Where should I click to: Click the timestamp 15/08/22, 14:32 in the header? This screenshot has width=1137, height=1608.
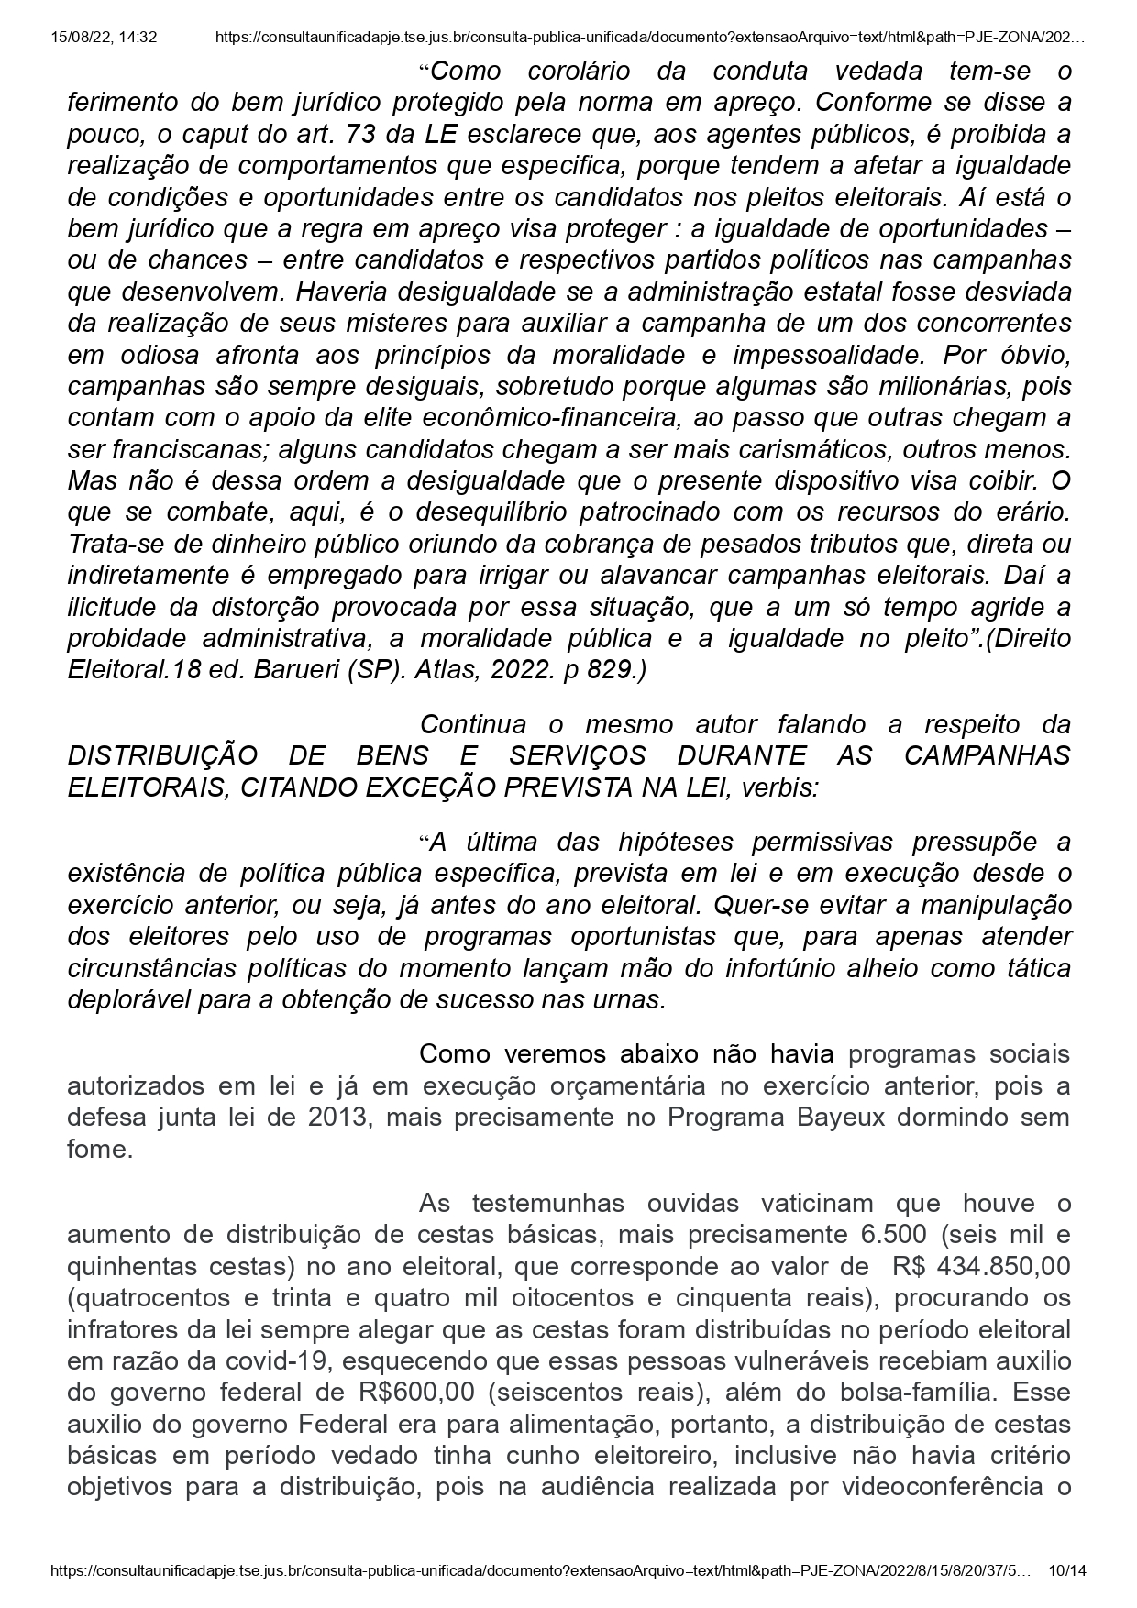105,38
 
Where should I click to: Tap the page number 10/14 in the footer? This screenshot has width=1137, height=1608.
1066,1570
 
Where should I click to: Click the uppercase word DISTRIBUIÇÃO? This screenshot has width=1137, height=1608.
161,755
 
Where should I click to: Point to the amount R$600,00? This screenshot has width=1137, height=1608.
417,1392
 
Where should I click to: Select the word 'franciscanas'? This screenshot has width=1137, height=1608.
167,449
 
